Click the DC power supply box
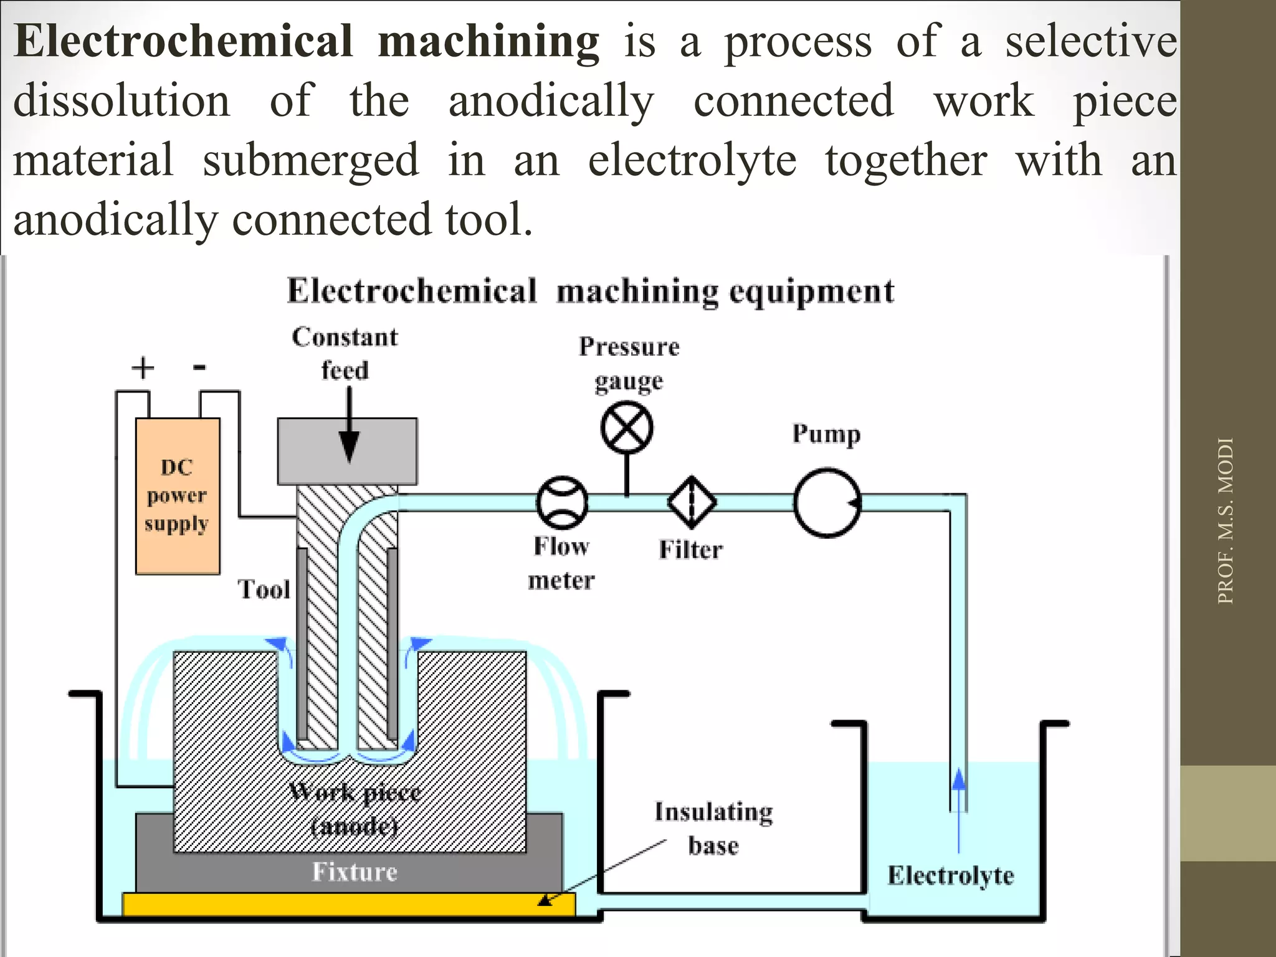coord(178,496)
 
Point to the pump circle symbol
coord(827,503)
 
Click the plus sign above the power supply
coord(143,368)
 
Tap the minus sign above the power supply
coord(199,367)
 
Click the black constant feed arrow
coord(349,430)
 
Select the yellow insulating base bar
coord(349,905)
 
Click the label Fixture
coord(355,872)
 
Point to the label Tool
coord(264,589)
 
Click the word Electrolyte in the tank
coord(951,875)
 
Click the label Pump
coord(826,434)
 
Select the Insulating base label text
coord(714,829)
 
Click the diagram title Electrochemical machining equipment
coord(591,291)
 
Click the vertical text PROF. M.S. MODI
coord(1225,521)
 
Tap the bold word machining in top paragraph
coord(488,41)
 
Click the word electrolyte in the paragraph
coord(692,160)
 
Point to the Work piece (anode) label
coord(355,809)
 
